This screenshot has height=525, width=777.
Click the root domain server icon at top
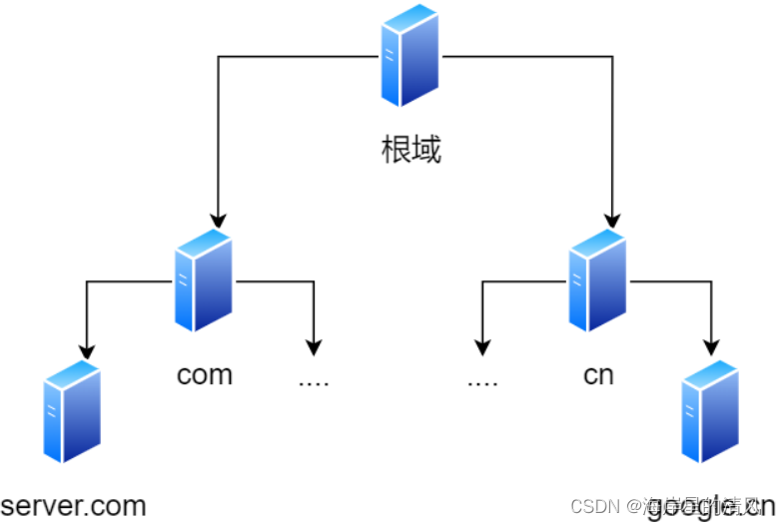click(410, 55)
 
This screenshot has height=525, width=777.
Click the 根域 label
click(410, 151)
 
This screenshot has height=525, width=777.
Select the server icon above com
click(204, 280)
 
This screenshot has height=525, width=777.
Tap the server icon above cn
click(597, 280)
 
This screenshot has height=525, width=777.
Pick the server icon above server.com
click(73, 411)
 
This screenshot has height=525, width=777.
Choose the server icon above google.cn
click(709, 411)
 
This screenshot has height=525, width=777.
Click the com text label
click(205, 374)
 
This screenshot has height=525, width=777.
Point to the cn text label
click(598, 374)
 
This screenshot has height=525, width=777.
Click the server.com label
click(74, 505)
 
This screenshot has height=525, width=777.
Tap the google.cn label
click(710, 508)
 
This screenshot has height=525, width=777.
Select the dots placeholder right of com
click(314, 381)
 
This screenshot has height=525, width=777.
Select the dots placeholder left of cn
click(481, 381)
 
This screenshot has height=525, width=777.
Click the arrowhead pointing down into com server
click(218, 220)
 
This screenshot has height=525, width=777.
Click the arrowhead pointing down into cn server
click(611, 220)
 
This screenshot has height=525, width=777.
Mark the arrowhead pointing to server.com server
click(87, 350)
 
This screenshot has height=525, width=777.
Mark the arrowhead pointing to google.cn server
click(710, 348)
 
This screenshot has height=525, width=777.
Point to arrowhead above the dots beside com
click(314, 347)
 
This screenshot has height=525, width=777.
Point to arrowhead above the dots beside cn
click(482, 347)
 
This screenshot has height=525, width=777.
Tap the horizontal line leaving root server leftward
click(300, 56)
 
